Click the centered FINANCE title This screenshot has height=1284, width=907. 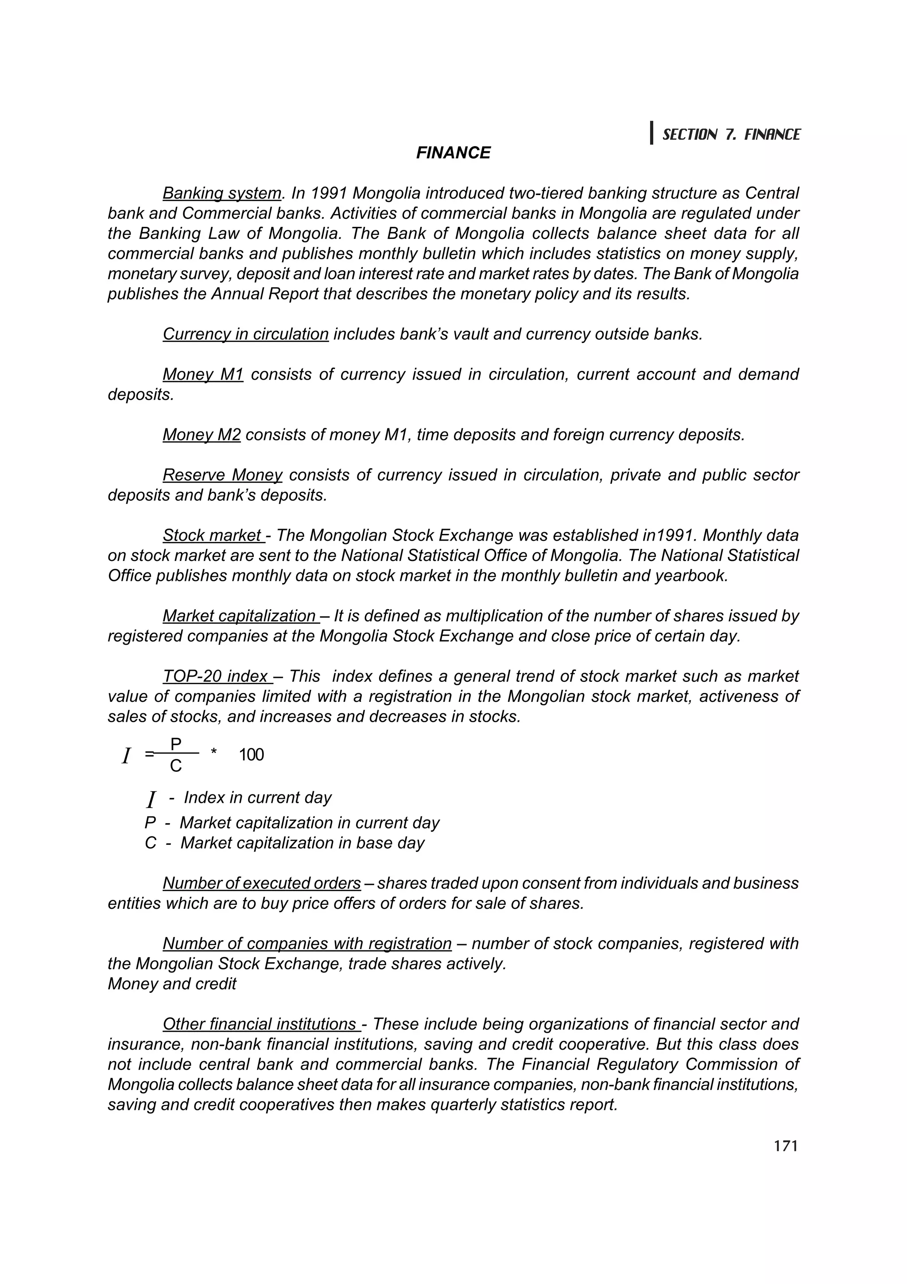tap(453, 153)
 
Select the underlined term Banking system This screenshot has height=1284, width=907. tap(222, 194)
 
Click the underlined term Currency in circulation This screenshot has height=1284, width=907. tap(245, 335)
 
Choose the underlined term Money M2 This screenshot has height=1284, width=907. tap(201, 435)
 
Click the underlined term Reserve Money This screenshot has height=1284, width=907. tap(222, 475)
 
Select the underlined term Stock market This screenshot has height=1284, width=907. tap(213, 536)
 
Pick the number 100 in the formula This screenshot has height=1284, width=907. tap(251, 755)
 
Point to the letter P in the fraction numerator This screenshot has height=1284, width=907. tap(175, 744)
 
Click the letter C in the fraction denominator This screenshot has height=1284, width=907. tap(175, 766)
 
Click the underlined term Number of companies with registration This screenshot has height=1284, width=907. tap(307, 944)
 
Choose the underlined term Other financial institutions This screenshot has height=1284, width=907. tap(260, 1024)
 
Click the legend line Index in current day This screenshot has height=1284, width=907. tap(257, 798)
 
